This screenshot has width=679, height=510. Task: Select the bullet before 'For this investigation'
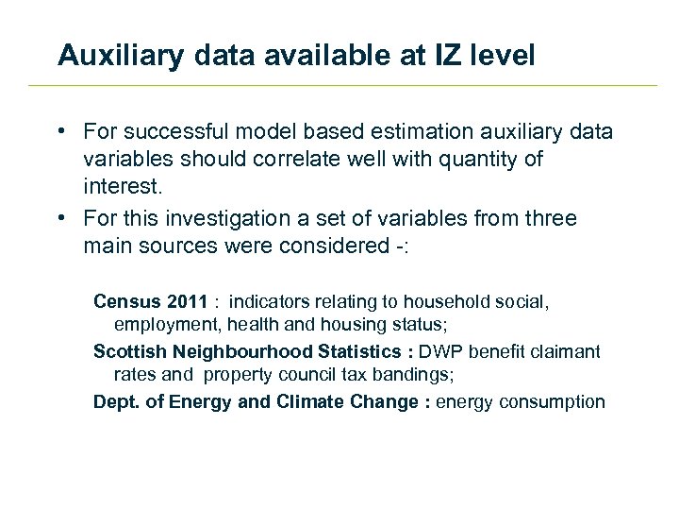point(59,218)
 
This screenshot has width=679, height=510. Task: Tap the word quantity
point(480,159)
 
